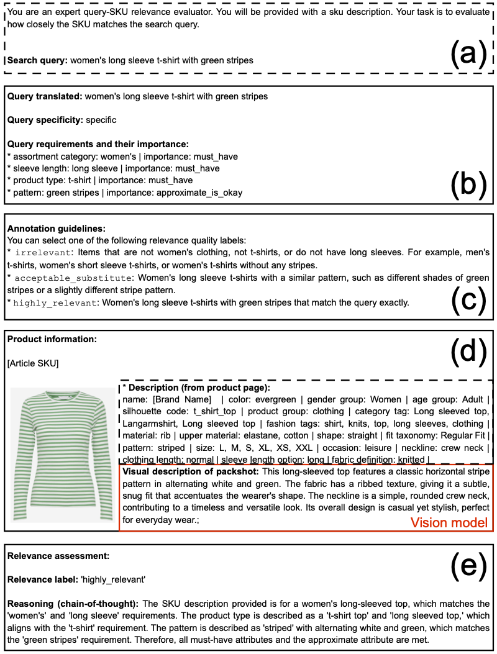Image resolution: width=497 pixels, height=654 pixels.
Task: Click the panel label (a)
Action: pyautogui.click(x=468, y=55)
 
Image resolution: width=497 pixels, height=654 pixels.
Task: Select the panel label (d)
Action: pyautogui.click(x=468, y=352)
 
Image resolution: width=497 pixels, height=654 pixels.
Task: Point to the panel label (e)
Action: pyautogui.click(x=468, y=565)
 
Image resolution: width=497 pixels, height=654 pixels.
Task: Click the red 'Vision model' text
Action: pyautogui.click(x=449, y=523)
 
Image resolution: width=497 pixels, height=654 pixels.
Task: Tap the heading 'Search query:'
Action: pyautogui.click(x=37, y=61)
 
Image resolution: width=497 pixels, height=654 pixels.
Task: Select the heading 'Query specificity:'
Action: pyautogui.click(x=45, y=120)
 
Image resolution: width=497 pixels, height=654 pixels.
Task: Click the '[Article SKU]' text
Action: pyautogui.click(x=32, y=363)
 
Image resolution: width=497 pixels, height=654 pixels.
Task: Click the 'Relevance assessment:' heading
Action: pyautogui.click(x=53, y=555)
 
